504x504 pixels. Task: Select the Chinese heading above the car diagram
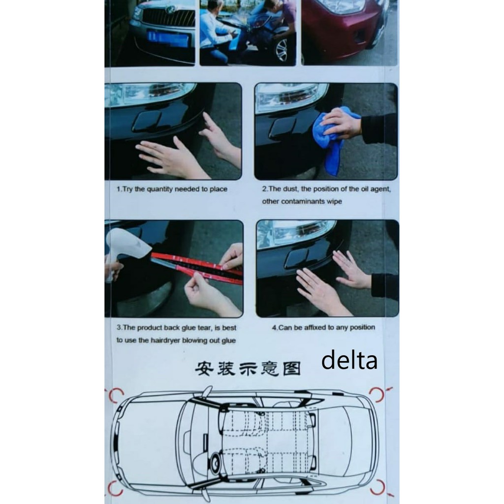[248, 369]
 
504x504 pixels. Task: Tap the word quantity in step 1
[159, 189]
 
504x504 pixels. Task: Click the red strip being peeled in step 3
[196, 267]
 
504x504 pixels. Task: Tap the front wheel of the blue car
[282, 50]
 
